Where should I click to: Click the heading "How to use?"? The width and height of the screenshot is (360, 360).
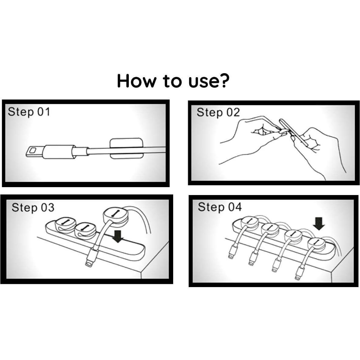[173, 81]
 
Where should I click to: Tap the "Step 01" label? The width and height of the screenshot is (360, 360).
[29, 112]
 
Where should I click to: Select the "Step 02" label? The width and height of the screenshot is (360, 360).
[218, 113]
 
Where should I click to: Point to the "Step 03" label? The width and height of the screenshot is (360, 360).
[33, 208]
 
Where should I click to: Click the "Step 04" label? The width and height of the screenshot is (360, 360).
[220, 207]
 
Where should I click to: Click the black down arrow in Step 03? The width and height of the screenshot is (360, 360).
[118, 236]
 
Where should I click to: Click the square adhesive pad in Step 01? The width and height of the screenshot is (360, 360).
[126, 149]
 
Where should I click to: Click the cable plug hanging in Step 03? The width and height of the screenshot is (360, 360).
[92, 257]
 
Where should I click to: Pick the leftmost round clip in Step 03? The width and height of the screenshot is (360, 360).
[65, 225]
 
